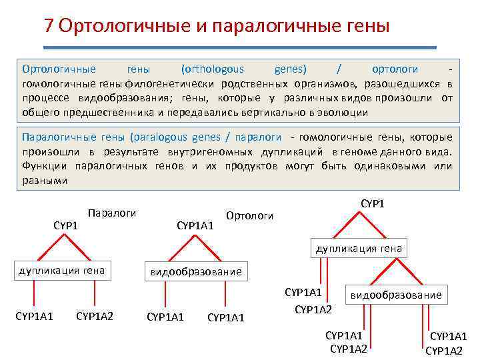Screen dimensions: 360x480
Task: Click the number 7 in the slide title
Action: (48, 26)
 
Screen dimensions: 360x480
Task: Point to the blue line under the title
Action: (240, 47)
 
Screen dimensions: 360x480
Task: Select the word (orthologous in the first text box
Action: (213, 69)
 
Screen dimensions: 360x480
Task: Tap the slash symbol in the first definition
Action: (340, 69)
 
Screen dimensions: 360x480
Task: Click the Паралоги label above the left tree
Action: (112, 213)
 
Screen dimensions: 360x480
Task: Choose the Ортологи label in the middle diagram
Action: (250, 216)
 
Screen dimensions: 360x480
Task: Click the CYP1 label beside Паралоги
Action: (66, 226)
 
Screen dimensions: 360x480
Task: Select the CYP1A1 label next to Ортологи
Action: (195, 226)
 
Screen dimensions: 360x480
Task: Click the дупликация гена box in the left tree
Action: (62, 271)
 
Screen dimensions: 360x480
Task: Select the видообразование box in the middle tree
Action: (195, 272)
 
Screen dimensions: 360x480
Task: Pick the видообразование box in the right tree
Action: (396, 295)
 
